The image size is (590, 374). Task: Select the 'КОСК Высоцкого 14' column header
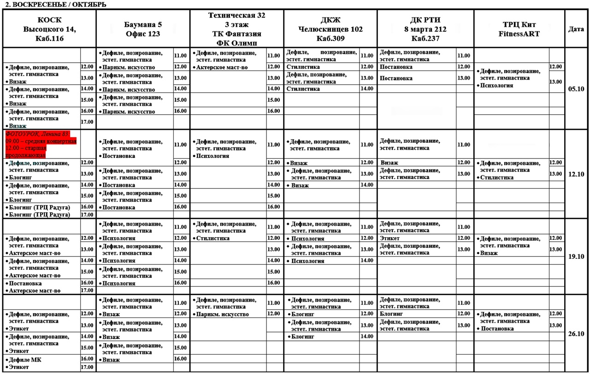pyautogui.click(x=49, y=29)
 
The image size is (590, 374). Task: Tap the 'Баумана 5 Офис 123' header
pyautogui.click(x=142, y=29)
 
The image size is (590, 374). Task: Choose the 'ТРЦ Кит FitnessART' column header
pyautogui.click(x=519, y=29)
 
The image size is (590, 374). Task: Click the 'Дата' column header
pyautogui.click(x=576, y=29)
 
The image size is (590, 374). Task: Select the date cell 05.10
pyautogui.click(x=576, y=89)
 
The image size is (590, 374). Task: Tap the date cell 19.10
pyautogui.click(x=576, y=257)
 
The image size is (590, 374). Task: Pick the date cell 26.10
pyautogui.click(x=576, y=334)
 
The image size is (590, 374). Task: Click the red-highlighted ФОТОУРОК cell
pyautogui.click(x=41, y=144)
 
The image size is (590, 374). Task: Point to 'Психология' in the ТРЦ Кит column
pyautogui.click(x=496, y=86)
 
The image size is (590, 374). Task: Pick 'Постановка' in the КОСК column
pyautogui.click(x=25, y=283)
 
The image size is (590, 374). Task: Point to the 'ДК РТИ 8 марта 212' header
pyautogui.click(x=425, y=29)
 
